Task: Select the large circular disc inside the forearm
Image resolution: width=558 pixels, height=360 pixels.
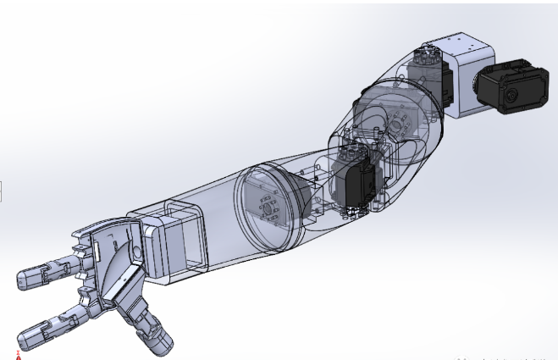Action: [267, 208]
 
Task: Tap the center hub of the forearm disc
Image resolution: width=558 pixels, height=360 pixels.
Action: [268, 208]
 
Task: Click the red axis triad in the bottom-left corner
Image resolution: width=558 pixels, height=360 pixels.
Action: [18, 352]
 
